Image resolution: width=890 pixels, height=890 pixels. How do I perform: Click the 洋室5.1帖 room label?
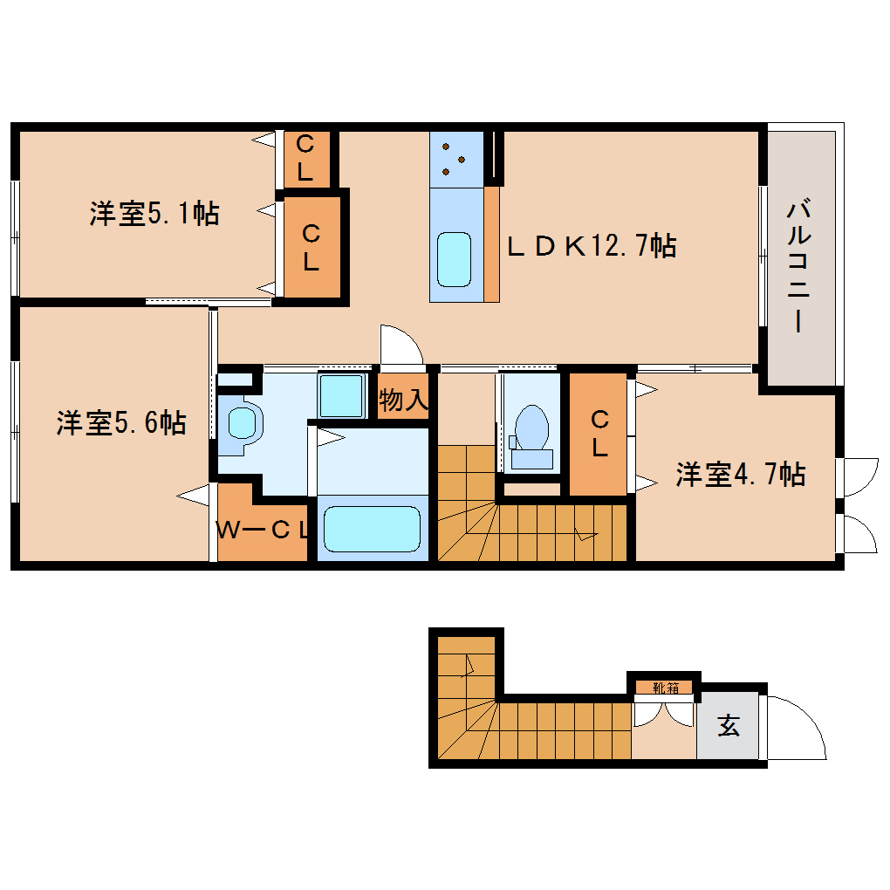[x=154, y=214]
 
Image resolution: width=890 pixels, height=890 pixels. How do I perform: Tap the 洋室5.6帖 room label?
[x=121, y=423]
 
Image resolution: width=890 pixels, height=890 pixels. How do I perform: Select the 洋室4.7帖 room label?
[x=740, y=475]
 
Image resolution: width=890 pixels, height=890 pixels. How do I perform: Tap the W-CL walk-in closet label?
[x=263, y=530]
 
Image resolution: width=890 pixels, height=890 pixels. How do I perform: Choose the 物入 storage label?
[x=403, y=400]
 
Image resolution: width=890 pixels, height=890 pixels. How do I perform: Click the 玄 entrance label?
[x=729, y=726]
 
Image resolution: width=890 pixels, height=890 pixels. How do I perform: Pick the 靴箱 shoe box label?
[x=666, y=688]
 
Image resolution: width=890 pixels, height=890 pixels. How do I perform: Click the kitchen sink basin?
[x=455, y=258]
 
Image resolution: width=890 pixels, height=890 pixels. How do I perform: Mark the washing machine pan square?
[x=341, y=397]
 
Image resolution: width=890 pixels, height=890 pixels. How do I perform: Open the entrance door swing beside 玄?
[x=794, y=729]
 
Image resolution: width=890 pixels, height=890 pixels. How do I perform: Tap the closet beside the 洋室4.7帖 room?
[x=599, y=434]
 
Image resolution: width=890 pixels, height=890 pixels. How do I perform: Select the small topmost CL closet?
[x=305, y=159]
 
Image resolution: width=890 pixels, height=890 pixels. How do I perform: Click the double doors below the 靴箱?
[x=663, y=714]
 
